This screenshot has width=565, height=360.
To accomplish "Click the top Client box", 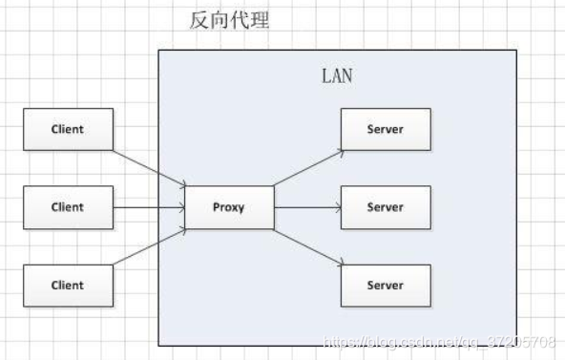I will pyautogui.click(x=68, y=129).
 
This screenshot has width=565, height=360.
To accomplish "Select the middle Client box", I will pyautogui.click(x=68, y=207).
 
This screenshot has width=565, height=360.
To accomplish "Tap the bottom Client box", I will pyautogui.click(x=68, y=286).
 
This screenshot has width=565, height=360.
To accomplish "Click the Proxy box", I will pyautogui.click(x=229, y=207).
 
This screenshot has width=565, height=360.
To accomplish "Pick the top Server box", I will pyautogui.click(x=385, y=129).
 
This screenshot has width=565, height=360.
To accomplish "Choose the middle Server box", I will pyautogui.click(x=385, y=207).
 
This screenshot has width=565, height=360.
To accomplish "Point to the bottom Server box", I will pyautogui.click(x=385, y=286).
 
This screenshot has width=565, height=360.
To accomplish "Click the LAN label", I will pyautogui.click(x=335, y=75).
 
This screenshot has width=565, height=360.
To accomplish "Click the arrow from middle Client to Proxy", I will pyautogui.click(x=149, y=207).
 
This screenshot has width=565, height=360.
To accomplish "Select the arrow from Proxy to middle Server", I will pyautogui.click(x=307, y=207).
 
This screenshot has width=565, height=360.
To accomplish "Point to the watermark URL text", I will pyautogui.click(x=440, y=341).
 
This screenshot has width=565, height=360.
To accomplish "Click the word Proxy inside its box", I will pyautogui.click(x=229, y=207).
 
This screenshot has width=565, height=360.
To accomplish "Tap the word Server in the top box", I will pyautogui.click(x=385, y=129).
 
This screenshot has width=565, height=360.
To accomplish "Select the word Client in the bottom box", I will pyautogui.click(x=68, y=286).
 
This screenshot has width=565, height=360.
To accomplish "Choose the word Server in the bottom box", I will pyautogui.click(x=385, y=286).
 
